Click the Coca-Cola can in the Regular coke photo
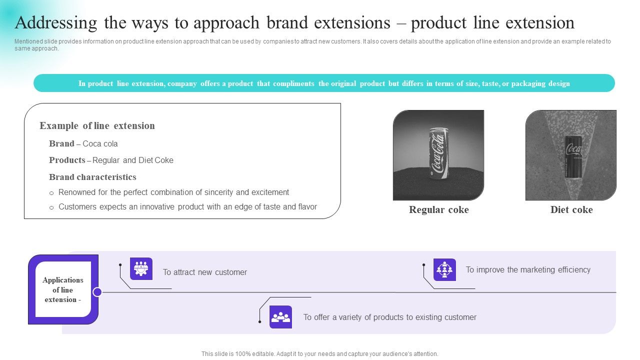click(x=438, y=153)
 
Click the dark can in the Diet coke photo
click(x=573, y=156)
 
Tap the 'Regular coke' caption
click(x=438, y=210)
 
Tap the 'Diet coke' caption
click(x=571, y=210)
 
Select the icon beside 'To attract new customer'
click(x=141, y=269)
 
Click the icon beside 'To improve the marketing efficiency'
click(x=444, y=269)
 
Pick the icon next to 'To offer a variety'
click(x=280, y=317)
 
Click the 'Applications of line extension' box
click(x=63, y=289)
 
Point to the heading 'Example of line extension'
click(x=97, y=126)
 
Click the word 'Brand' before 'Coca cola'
click(x=61, y=143)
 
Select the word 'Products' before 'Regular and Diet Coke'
click(x=67, y=160)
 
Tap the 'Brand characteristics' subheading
click(x=92, y=177)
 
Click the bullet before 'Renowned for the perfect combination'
click(x=51, y=193)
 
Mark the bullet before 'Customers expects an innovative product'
click(x=51, y=207)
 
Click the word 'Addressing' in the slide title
click(x=56, y=23)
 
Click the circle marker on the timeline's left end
click(x=97, y=292)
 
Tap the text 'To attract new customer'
click(x=204, y=272)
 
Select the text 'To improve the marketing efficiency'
click(x=528, y=270)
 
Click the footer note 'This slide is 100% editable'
click(x=319, y=354)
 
